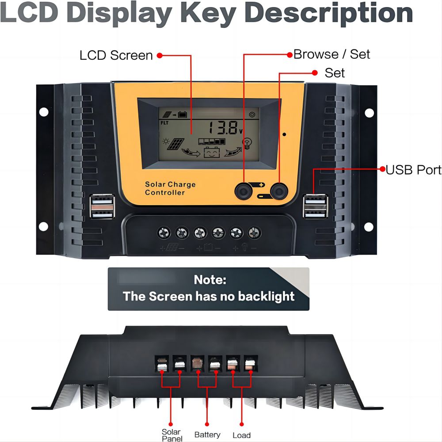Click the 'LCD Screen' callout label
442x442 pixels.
point(116,55)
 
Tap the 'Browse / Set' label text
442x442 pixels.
point(331,54)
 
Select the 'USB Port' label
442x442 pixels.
point(414,170)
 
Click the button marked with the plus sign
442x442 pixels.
point(244,191)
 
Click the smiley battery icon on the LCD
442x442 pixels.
point(212,152)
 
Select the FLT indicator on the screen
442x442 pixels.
point(164,123)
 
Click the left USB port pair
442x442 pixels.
point(102,206)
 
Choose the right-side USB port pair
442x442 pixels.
point(316,206)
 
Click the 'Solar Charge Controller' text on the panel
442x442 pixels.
point(170,188)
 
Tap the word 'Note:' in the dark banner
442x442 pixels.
point(210,280)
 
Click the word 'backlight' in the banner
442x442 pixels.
point(266,297)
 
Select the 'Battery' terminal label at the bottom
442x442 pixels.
point(207,434)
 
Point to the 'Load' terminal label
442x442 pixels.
point(242,435)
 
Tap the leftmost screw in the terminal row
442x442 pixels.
point(164,233)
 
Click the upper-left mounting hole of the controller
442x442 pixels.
point(44,112)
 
